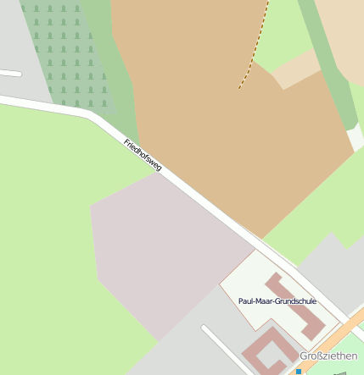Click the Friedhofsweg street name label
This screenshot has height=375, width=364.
(143, 156)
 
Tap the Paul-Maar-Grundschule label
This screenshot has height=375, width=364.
(277, 301)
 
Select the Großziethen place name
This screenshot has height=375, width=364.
(328, 356)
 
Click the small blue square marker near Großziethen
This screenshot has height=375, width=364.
(299, 371)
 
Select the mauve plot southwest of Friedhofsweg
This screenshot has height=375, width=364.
(161, 254)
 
